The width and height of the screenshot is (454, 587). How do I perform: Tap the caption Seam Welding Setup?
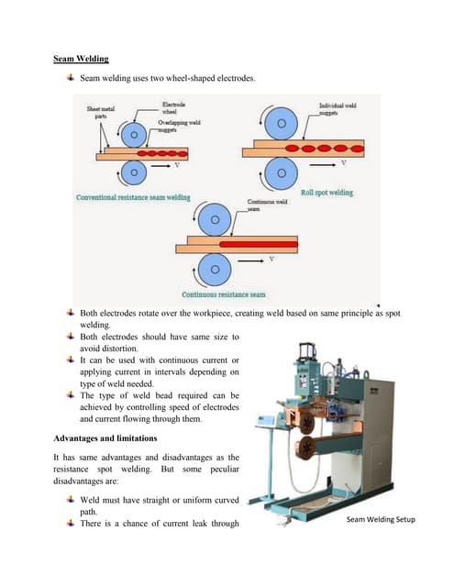tap(381, 520)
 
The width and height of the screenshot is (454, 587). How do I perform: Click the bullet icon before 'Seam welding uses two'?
tap(71, 81)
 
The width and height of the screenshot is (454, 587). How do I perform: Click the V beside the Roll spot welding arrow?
tap(343, 163)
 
